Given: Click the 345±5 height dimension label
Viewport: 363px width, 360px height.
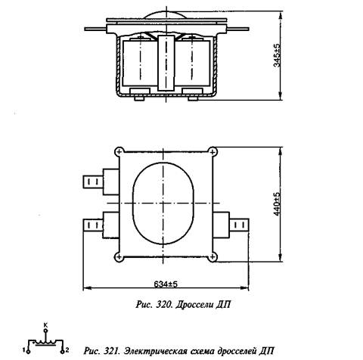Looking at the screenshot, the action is [x=277, y=55].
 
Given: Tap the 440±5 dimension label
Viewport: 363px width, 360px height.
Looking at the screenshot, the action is [x=277, y=204].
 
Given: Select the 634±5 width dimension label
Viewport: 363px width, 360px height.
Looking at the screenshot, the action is [x=166, y=284].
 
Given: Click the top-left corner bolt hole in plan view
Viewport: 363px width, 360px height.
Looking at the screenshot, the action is [x=119, y=152].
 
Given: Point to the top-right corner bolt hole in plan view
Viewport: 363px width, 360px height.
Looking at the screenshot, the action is [x=213, y=152].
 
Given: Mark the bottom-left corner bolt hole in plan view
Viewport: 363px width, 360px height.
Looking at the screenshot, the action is [x=119, y=257].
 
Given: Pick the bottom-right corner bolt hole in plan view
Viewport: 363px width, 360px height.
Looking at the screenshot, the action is [x=213, y=257].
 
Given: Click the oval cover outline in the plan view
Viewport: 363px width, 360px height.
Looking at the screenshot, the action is [x=133, y=203].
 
